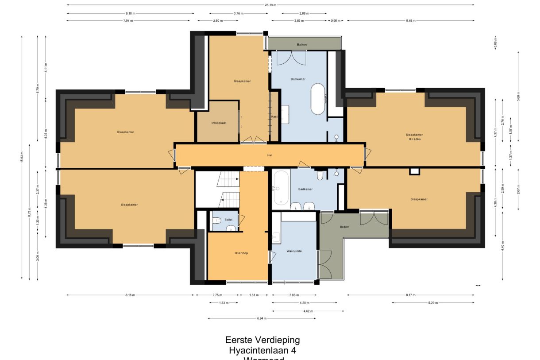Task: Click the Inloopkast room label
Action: point(219,123)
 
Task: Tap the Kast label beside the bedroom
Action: point(274,116)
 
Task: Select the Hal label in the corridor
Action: point(269,155)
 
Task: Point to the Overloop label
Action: point(241,253)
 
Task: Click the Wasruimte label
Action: point(294,251)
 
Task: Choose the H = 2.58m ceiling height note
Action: point(414,139)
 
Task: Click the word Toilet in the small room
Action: point(228,219)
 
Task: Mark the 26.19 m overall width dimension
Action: point(270,5)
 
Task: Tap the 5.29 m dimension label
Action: point(433,303)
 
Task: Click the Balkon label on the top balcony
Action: point(301,45)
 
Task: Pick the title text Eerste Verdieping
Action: point(262,340)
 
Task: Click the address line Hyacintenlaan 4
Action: point(262,351)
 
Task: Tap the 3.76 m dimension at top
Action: point(238,13)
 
